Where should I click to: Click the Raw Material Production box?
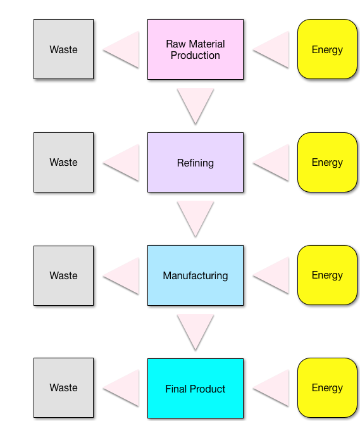(196, 49)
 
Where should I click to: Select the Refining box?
(196, 163)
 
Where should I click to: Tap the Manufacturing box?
(196, 275)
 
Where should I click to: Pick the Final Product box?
(196, 388)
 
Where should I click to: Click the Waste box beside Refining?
(63, 163)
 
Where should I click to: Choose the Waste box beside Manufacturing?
(63, 275)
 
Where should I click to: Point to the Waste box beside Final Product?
(63, 387)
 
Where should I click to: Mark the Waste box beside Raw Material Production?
(63, 49)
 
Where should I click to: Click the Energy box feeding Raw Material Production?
(327, 49)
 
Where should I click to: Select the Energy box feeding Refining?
(327, 163)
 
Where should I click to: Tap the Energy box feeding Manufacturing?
(327, 275)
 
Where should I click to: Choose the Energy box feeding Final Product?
(327, 387)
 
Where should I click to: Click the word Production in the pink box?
(196, 56)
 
